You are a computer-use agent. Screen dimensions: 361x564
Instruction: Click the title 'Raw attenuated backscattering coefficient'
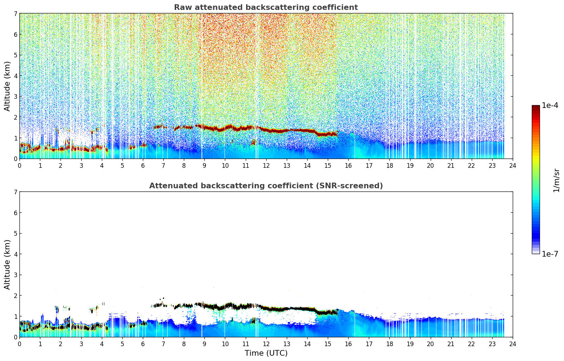(266, 7)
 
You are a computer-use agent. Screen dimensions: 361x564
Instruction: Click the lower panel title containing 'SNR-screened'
(266, 186)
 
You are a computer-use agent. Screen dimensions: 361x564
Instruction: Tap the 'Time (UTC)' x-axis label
(266, 353)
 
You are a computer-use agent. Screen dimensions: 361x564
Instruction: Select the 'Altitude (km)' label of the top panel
(7, 86)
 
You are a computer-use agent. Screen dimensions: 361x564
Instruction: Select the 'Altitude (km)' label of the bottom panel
(7, 264)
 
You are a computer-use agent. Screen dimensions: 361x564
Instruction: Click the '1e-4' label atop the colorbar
(550, 105)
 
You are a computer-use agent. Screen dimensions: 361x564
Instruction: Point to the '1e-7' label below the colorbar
(550, 254)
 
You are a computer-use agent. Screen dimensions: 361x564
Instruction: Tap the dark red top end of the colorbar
(536, 107)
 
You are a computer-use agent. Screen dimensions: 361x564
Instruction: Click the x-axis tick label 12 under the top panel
(266, 165)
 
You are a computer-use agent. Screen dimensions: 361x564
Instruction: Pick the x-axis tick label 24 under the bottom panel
(512, 344)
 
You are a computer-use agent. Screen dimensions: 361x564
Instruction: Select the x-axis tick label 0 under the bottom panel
(19, 344)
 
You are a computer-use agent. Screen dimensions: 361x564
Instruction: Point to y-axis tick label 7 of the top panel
(15, 14)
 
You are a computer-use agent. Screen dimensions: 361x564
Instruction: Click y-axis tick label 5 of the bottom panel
(15, 234)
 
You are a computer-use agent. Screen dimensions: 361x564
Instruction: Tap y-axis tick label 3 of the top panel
(15, 97)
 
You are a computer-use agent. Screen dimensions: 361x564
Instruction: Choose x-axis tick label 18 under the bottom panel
(389, 344)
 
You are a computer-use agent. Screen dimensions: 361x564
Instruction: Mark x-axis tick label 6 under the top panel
(143, 165)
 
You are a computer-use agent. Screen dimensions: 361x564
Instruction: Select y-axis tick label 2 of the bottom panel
(15, 296)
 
